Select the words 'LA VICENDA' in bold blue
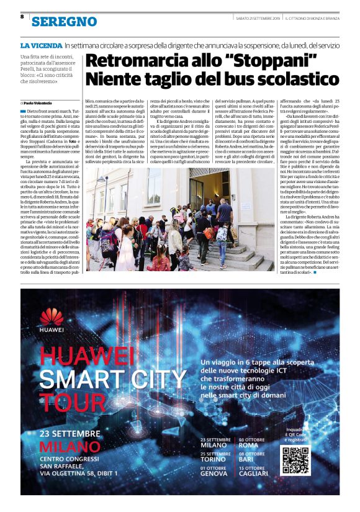pyautogui.click(x=41, y=45)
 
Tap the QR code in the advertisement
pyautogui.click(x=294, y=460)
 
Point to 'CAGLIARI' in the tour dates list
pyautogui.click(x=254, y=474)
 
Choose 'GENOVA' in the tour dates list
pyautogui.click(x=214, y=474)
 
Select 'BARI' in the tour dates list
pyautogui.click(x=247, y=459)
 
